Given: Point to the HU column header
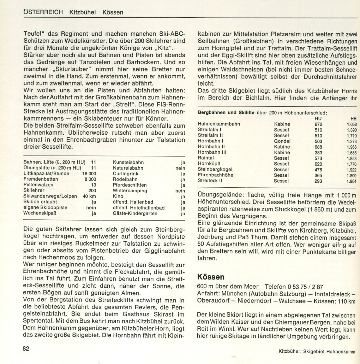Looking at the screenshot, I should (x=318, y=118).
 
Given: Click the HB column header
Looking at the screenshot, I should (x=353, y=118).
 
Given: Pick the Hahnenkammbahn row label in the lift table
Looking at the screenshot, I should (x=219, y=124).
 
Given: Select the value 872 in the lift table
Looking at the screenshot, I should (x=318, y=124).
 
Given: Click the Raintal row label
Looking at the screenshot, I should (x=206, y=158).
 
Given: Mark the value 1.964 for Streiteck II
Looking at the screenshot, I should (x=352, y=181).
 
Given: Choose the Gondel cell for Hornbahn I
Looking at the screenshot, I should (x=282, y=141).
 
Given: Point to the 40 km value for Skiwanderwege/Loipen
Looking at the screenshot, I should (x=89, y=196).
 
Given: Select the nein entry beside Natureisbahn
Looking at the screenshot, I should (x=180, y=168).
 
